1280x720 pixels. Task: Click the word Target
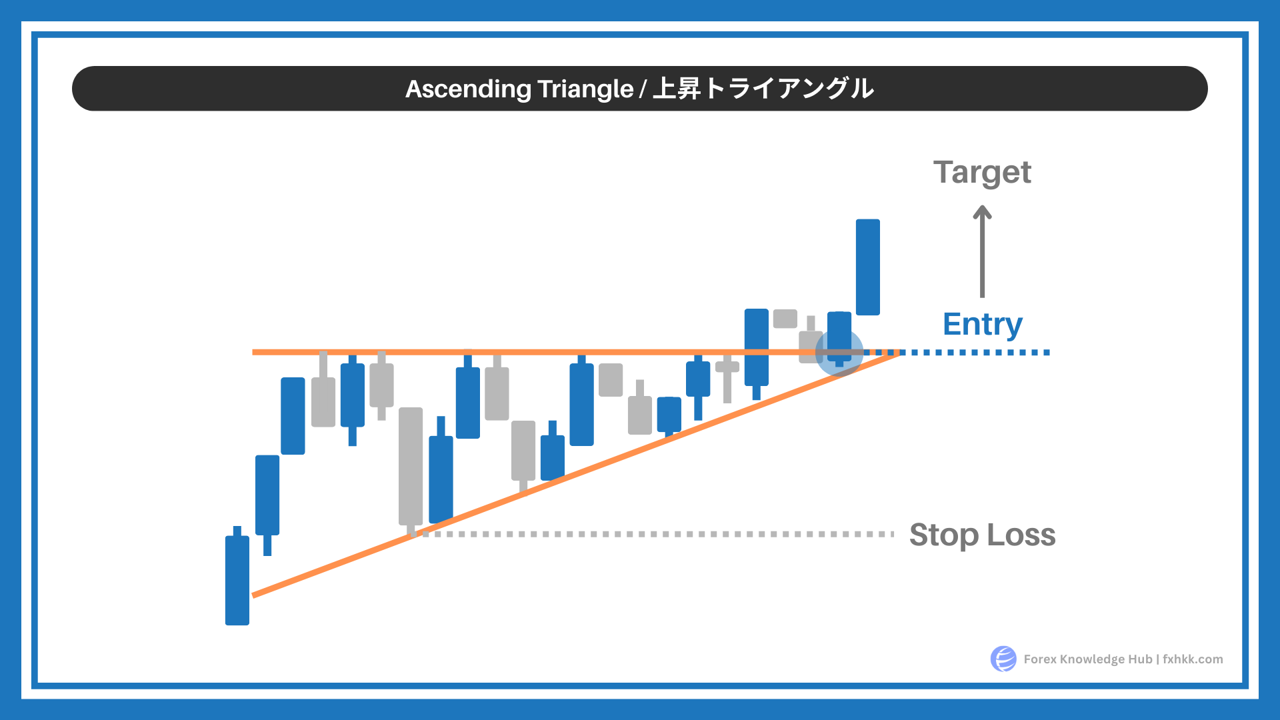[982, 173]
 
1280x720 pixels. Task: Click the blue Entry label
[983, 325]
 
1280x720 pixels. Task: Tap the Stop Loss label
[982, 535]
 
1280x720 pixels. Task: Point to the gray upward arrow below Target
[982, 251]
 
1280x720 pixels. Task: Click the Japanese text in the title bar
[763, 89]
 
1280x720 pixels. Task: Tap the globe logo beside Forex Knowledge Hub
[1003, 659]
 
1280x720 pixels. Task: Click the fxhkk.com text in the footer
[1193, 659]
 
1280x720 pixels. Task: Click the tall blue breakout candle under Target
[868, 267]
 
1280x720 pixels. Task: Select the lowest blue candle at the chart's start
[237, 576]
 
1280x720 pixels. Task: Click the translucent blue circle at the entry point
[839, 352]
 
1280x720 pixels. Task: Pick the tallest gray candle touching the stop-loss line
[411, 470]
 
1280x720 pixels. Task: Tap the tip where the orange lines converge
[899, 353]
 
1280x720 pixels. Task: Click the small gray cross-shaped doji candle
[727, 378]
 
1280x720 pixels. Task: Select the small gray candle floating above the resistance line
[785, 319]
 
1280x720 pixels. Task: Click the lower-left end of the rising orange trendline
[253, 595]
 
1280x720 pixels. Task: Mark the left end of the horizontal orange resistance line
[253, 352]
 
